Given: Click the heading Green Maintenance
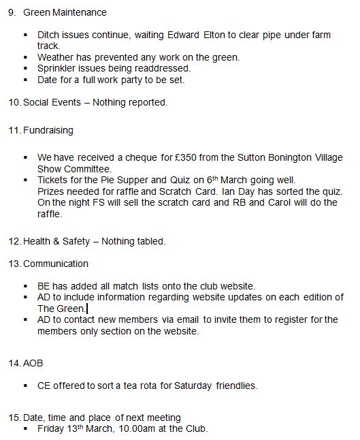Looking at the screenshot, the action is point(65,12).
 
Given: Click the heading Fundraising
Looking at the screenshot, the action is point(48,130).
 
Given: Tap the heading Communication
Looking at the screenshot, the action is point(56,264).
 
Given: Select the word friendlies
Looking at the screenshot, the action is point(235,386).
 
